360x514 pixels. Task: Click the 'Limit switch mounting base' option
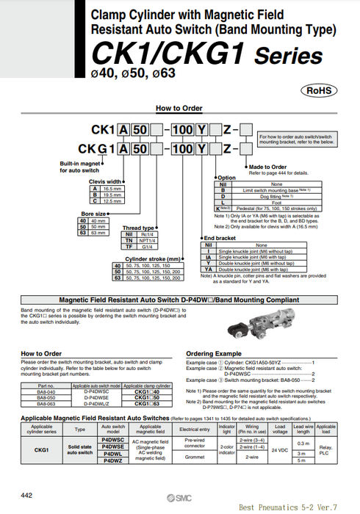pyautogui.click(x=276, y=190)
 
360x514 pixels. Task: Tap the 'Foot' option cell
pyautogui.click(x=276, y=202)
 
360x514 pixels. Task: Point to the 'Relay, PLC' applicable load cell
pyautogui.click(x=325, y=449)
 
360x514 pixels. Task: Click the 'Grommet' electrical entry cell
pyautogui.click(x=195, y=457)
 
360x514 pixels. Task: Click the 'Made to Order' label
pyautogui.click(x=268, y=167)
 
